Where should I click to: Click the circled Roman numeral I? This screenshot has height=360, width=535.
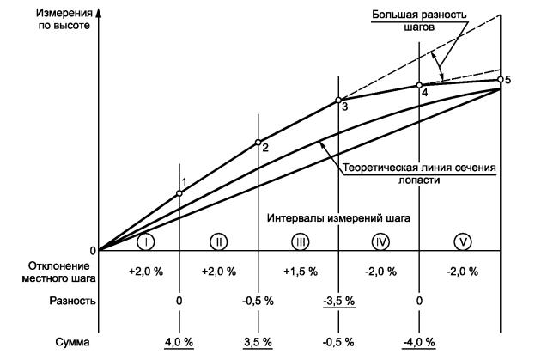click(x=148, y=241)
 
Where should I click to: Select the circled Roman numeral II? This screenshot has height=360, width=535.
click(x=220, y=241)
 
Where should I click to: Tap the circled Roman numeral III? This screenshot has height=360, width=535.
click(x=300, y=241)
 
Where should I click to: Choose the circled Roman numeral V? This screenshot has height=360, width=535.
click(x=463, y=241)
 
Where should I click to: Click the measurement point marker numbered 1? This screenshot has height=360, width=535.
click(x=179, y=193)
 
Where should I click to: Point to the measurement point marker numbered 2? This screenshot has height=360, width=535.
click(x=258, y=143)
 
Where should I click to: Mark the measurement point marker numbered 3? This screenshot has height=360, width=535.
click(x=338, y=100)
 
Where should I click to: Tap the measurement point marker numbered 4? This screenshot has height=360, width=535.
click(x=419, y=85)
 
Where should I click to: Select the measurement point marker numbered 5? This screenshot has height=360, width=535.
click(x=500, y=80)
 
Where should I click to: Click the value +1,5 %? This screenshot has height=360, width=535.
click(x=300, y=271)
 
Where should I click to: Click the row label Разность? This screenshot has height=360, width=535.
click(x=59, y=302)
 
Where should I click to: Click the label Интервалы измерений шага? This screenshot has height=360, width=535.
click(x=338, y=217)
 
